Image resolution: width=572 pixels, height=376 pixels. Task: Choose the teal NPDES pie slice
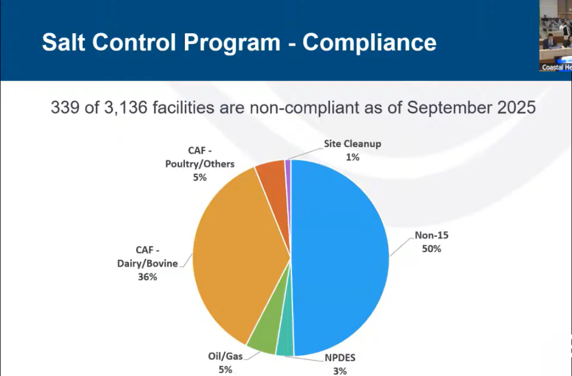[286, 339]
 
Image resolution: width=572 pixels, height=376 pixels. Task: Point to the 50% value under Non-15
[432, 249]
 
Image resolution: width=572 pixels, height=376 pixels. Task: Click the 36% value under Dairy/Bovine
[147, 276]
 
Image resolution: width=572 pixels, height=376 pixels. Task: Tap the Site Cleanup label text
[353, 144]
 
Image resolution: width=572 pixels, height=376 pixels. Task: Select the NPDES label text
[340, 358]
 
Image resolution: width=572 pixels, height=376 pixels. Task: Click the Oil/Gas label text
[225, 356]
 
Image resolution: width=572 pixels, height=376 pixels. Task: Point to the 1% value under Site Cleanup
[353, 157]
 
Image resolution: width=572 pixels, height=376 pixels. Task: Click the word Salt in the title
[63, 42]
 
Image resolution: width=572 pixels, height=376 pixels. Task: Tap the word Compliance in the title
[369, 42]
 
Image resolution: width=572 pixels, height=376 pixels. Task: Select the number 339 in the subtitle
[65, 108]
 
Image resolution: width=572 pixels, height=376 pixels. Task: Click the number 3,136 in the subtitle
[126, 108]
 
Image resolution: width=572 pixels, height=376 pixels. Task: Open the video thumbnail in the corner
[555, 36]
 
